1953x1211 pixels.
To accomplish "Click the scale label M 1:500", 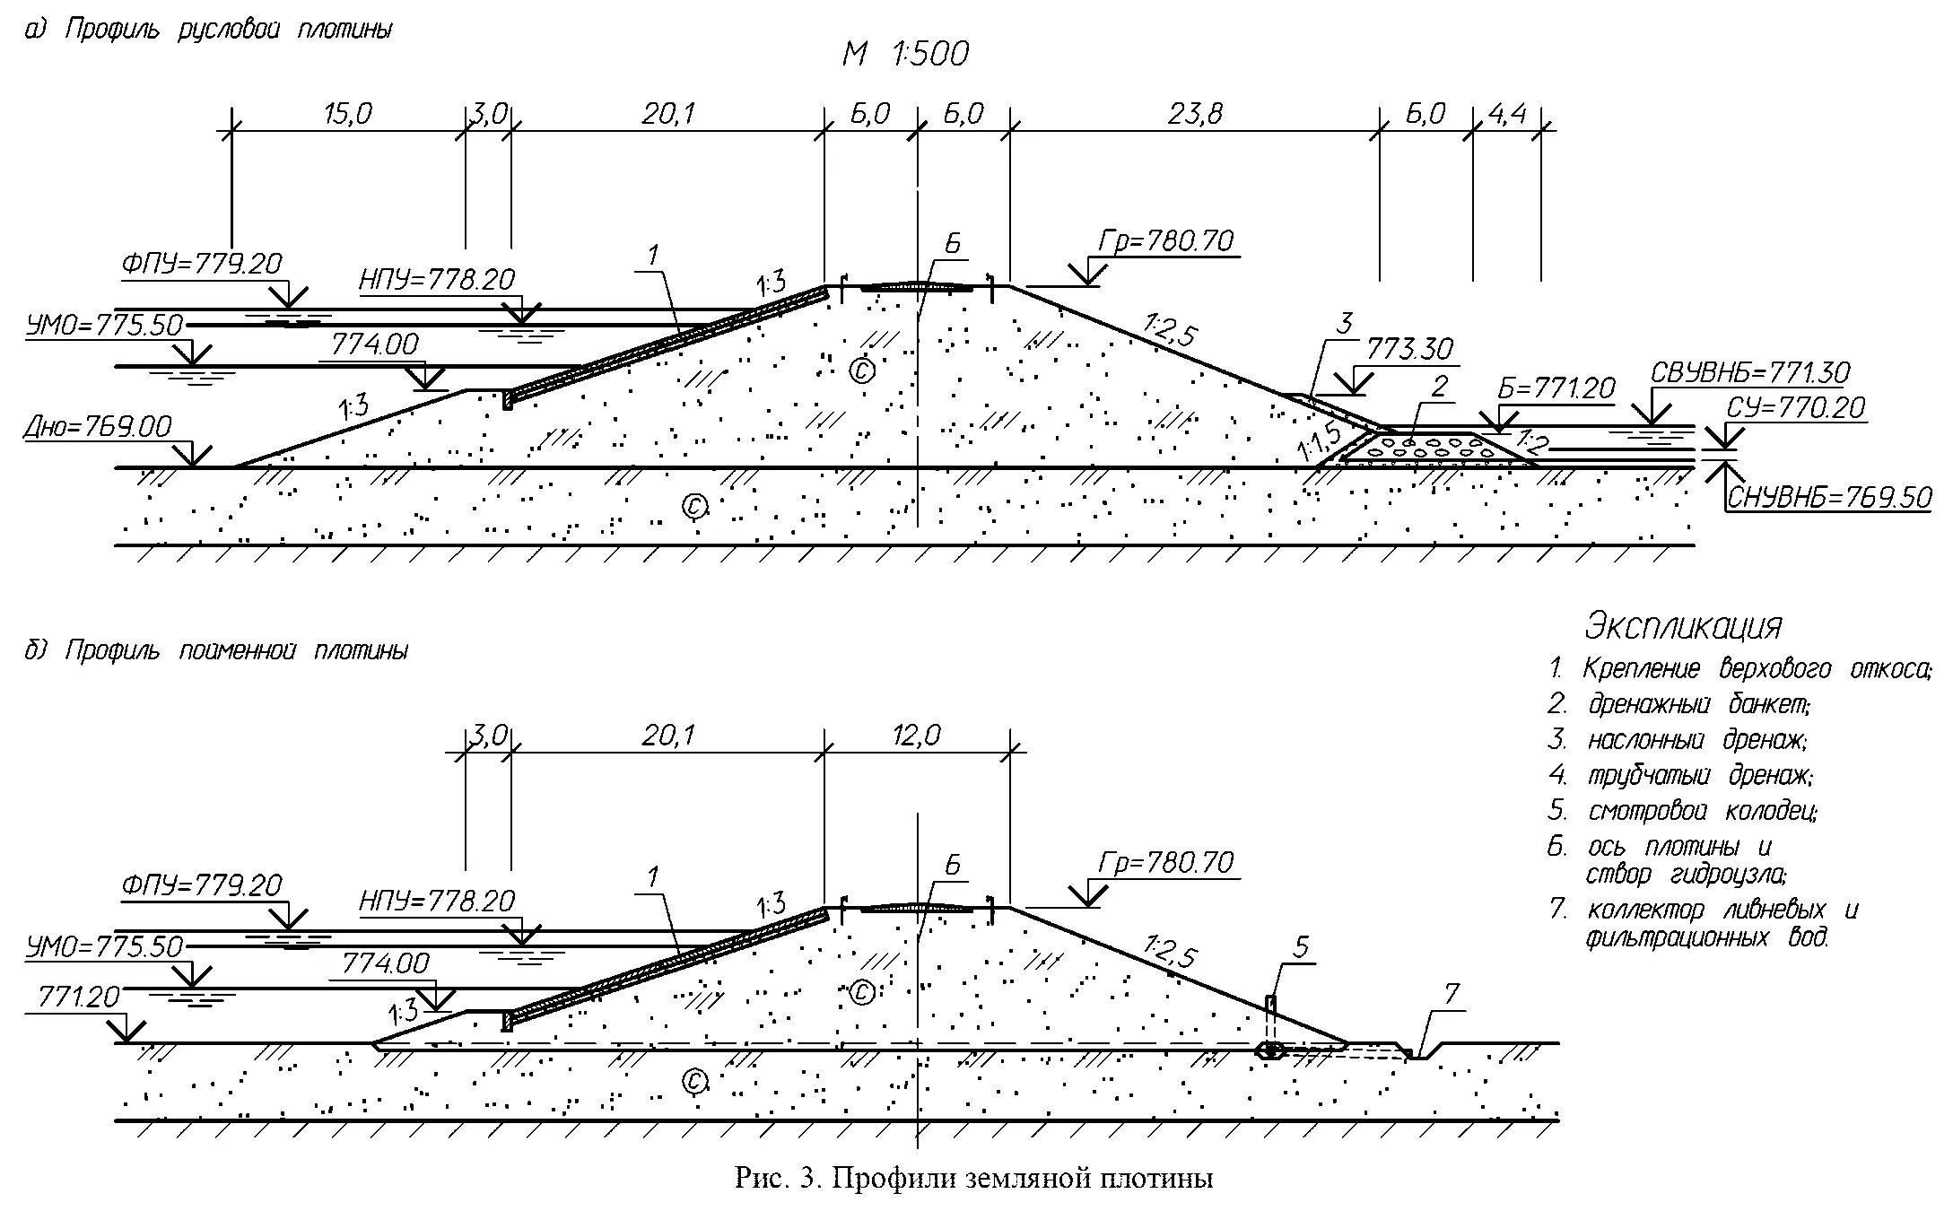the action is (905, 54).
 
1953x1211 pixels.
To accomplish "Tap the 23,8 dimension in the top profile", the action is (1195, 114).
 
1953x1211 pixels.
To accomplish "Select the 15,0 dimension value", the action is (347, 114).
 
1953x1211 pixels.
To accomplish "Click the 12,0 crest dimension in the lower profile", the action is (916, 736).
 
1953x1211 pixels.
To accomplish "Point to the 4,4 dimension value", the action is (1507, 114).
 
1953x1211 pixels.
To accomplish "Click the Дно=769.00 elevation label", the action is (98, 426).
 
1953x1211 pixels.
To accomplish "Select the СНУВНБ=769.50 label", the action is (1829, 497).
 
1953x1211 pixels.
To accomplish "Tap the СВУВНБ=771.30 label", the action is (1749, 372).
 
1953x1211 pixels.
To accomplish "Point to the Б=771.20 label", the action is (1556, 388).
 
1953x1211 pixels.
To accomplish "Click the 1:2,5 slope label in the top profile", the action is (1170, 330).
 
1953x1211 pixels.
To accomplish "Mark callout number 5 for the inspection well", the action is (1302, 946).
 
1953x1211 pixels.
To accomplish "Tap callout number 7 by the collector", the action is (1452, 994).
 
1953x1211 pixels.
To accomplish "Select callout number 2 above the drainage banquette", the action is (1439, 387).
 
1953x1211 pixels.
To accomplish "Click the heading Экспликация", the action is (1683, 626).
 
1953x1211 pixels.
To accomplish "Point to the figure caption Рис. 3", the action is (973, 1178).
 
